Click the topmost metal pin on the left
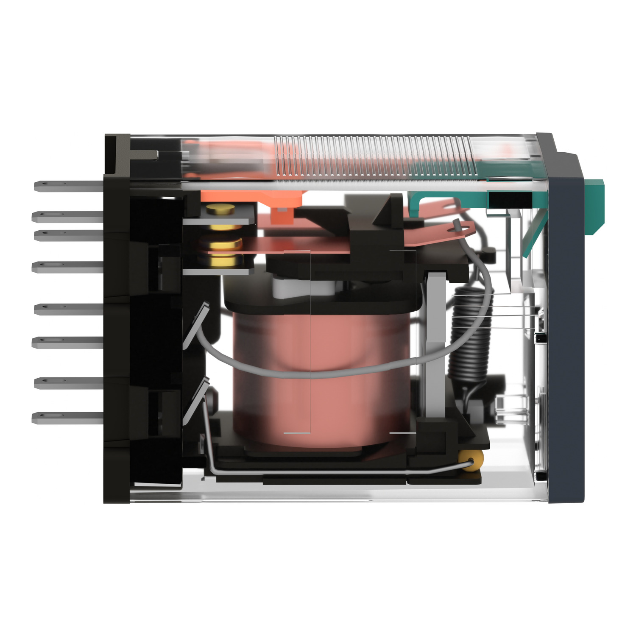coord(68,186)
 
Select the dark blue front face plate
coord(566,339)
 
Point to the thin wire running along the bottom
coord(331,471)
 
